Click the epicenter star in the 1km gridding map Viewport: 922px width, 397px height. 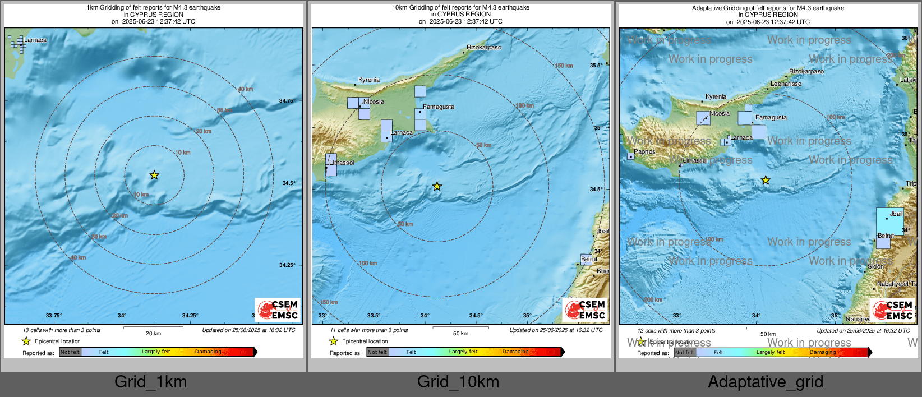point(154,176)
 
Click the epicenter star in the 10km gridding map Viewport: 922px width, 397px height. point(437,186)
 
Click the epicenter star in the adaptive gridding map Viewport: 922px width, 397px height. point(766,180)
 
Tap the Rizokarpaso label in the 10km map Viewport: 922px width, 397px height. point(484,48)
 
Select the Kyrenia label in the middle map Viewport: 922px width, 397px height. point(369,80)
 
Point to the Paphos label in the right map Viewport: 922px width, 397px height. point(644,151)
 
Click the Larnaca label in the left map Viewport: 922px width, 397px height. point(35,40)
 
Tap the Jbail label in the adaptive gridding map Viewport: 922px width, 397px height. point(896,214)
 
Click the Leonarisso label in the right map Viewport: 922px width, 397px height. point(786,84)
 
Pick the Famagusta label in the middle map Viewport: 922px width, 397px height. point(439,107)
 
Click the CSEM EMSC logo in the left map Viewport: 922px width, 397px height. point(278,310)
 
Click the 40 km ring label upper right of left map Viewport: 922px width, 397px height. point(245,89)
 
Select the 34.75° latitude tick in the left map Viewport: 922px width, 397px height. point(287,101)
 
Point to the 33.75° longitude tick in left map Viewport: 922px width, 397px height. point(54,316)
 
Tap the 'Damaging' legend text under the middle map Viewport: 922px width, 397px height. point(515,352)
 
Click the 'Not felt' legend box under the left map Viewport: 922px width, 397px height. point(70,352)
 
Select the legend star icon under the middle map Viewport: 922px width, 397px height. point(333,341)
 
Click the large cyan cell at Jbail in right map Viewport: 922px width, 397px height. point(889,221)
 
